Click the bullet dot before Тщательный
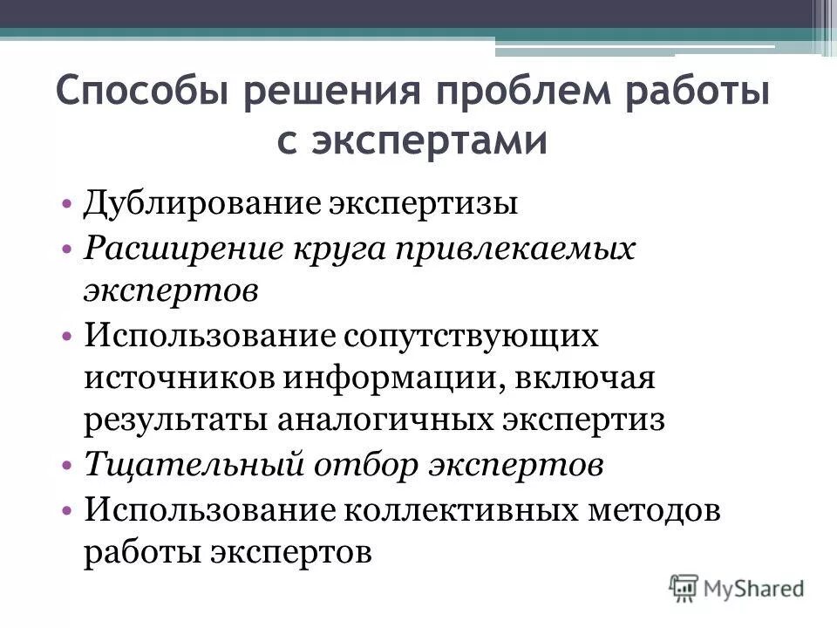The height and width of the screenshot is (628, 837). click(x=68, y=465)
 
